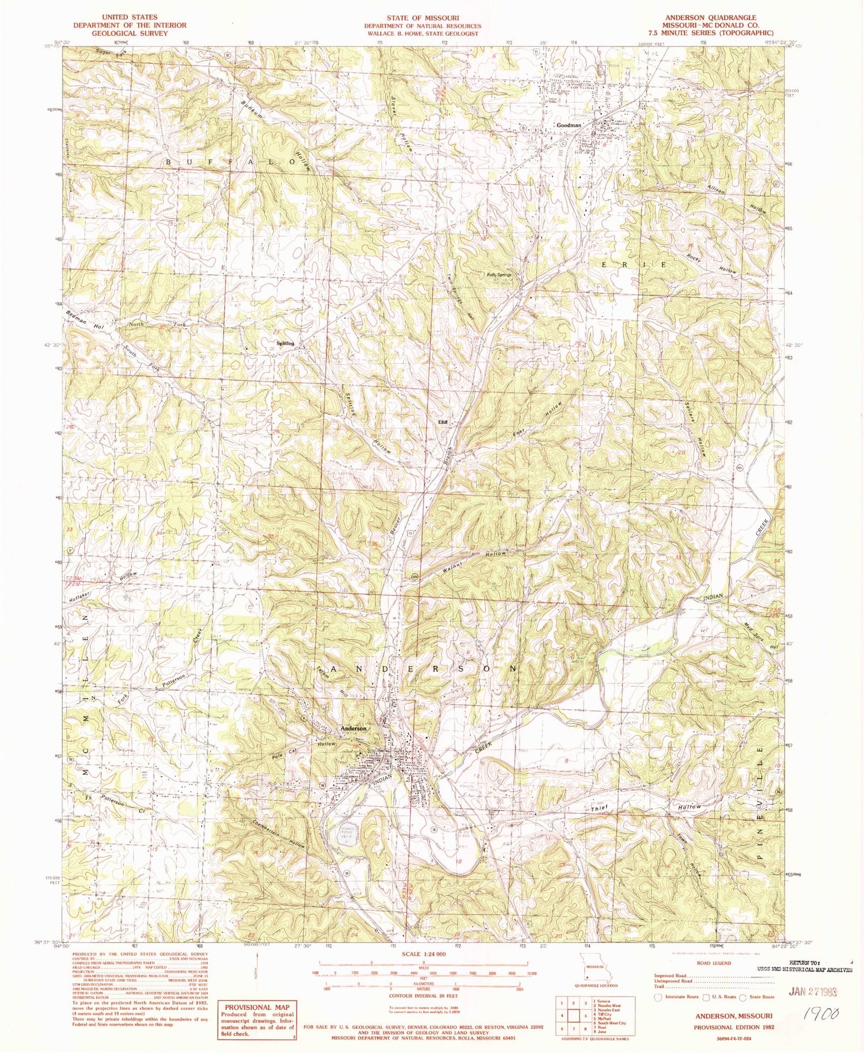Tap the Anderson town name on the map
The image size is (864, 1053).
(354, 728)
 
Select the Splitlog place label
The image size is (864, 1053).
(285, 344)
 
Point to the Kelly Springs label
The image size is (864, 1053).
(499, 275)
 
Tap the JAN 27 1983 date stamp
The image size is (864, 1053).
(805, 991)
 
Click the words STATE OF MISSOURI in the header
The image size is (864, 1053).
(423, 18)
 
